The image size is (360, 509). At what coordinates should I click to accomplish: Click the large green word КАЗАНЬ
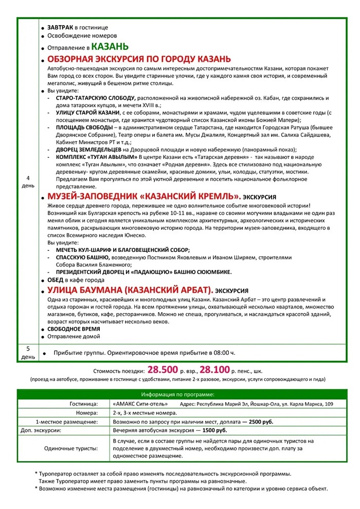110,47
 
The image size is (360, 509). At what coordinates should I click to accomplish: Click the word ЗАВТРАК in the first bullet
60,27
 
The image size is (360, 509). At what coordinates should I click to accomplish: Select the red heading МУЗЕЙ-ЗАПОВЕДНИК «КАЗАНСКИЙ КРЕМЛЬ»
144,196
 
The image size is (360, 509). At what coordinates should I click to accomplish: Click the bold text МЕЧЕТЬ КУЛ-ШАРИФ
84,249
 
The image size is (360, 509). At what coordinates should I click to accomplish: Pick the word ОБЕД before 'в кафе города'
55,280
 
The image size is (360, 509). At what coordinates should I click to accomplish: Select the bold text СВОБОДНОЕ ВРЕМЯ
74,329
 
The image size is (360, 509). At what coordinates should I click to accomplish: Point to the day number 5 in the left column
28,349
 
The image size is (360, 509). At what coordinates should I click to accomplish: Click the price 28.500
163,369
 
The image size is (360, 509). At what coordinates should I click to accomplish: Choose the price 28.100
215,369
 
